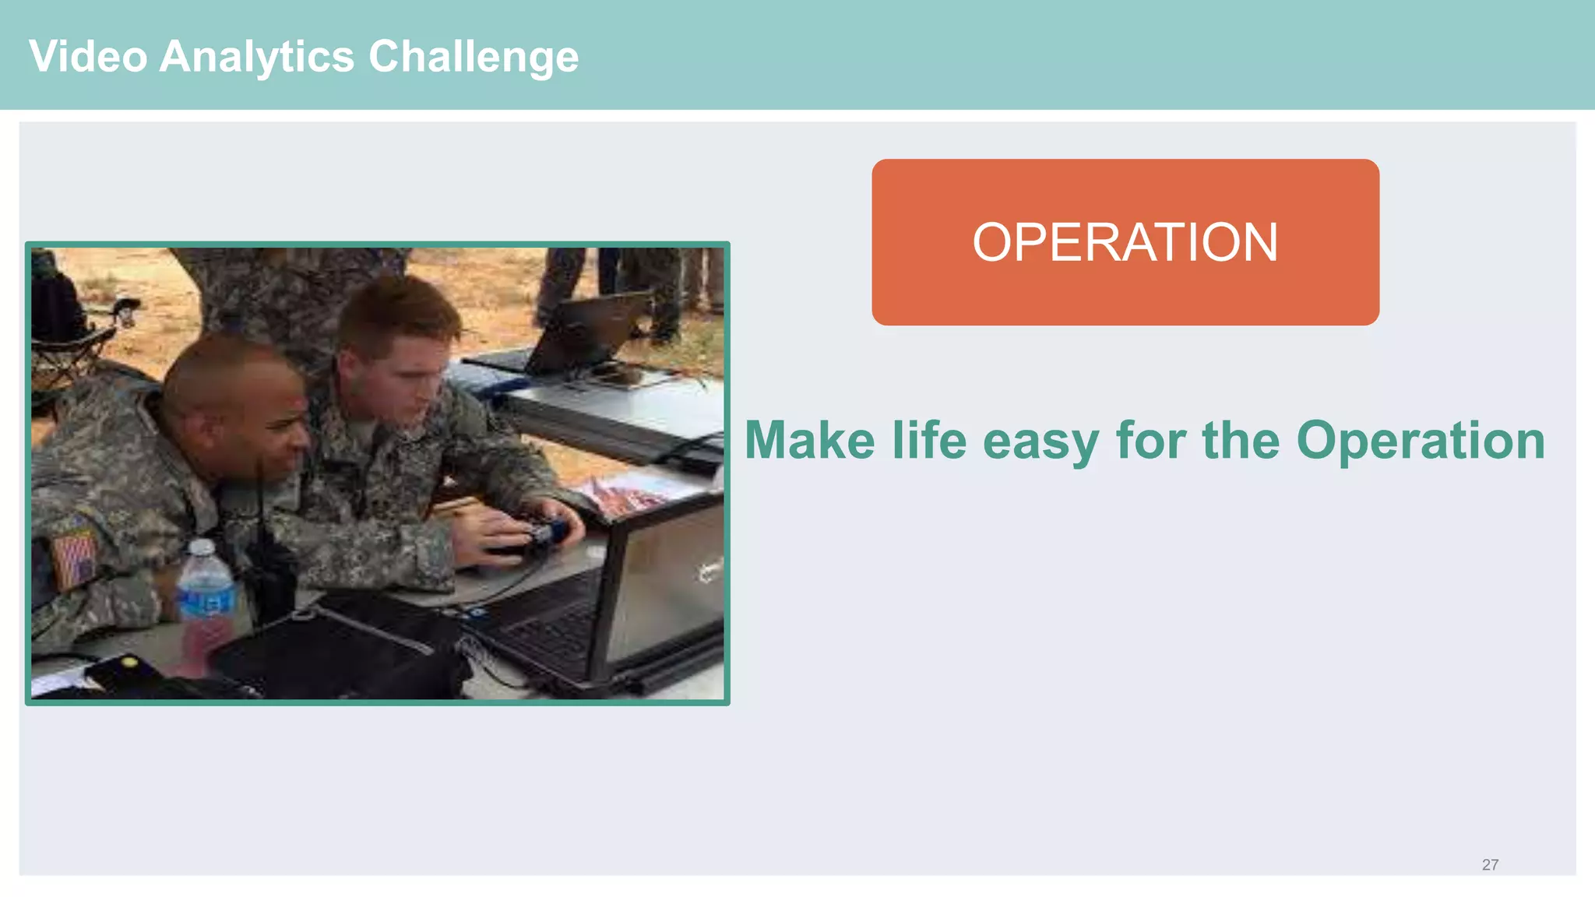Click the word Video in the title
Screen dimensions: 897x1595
pyautogui.click(x=88, y=57)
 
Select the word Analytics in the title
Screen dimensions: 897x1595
pyautogui.click(x=257, y=57)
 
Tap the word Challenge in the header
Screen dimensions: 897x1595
pyautogui.click(x=474, y=57)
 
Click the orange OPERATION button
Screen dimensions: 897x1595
pyautogui.click(x=1125, y=242)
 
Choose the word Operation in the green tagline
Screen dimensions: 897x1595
pyautogui.click(x=1421, y=441)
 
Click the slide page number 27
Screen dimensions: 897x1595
pyautogui.click(x=1490, y=864)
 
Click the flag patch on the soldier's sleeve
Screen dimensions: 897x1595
pyautogui.click(x=75, y=558)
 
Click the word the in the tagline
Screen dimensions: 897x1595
pyautogui.click(x=1241, y=441)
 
